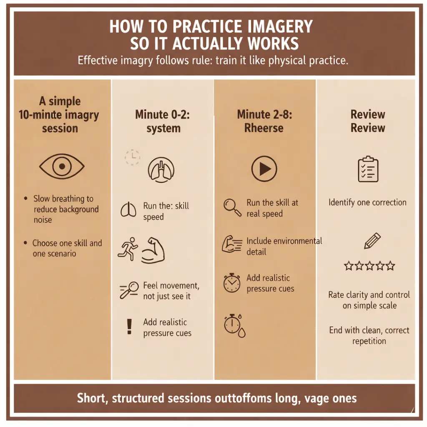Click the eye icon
coord(62,166)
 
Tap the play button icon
coord(264,169)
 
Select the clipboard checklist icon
coord(368,169)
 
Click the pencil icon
coord(372,241)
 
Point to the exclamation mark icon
coord(129,327)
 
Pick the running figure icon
coord(128,249)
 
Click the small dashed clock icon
coord(132,157)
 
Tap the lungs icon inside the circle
coord(161,170)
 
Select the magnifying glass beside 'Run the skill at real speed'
coord(232,208)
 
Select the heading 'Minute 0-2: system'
coord(163,121)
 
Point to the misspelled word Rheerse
coord(264,128)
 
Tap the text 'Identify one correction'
coord(367,202)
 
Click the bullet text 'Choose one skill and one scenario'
coord(67,248)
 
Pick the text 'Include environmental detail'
coord(284,246)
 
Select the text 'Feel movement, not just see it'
coord(171,291)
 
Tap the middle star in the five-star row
coord(369,266)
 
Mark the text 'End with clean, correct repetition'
coord(369,336)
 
